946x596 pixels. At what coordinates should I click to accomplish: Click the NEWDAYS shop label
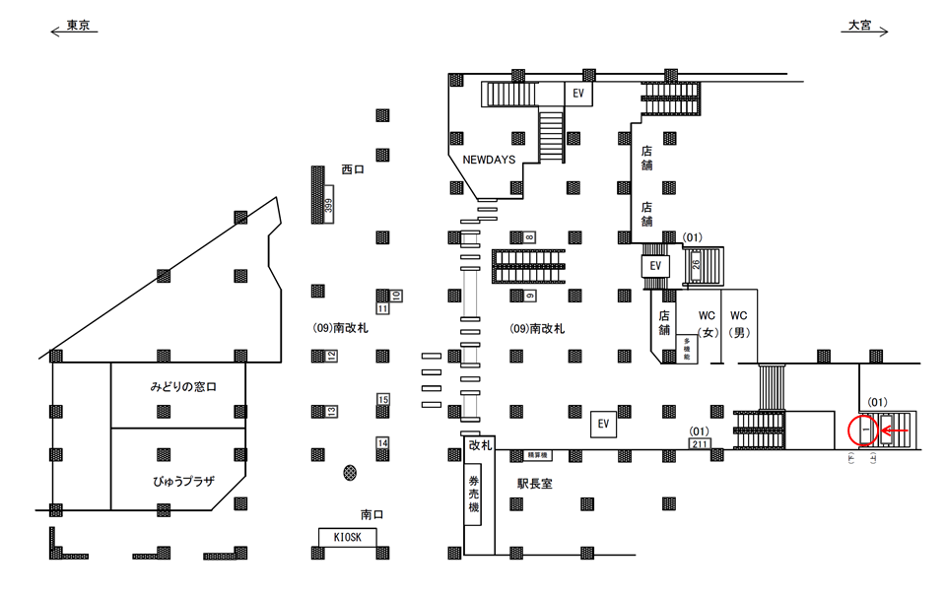(x=489, y=160)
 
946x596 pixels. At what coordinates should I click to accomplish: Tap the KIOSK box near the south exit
(x=348, y=536)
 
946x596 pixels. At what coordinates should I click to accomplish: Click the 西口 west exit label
(x=352, y=169)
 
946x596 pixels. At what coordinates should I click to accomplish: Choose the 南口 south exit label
(x=372, y=513)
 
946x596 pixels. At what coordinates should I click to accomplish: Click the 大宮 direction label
(x=860, y=27)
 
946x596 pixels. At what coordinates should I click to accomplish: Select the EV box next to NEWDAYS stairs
(x=579, y=94)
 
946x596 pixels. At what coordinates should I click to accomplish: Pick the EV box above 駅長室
(x=604, y=425)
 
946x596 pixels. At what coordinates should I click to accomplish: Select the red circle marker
(x=863, y=431)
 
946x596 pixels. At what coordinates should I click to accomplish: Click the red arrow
(x=895, y=430)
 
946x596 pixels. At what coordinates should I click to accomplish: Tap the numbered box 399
(x=329, y=208)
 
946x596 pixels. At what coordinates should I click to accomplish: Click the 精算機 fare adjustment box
(x=538, y=455)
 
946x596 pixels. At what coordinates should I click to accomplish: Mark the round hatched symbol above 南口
(x=349, y=473)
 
